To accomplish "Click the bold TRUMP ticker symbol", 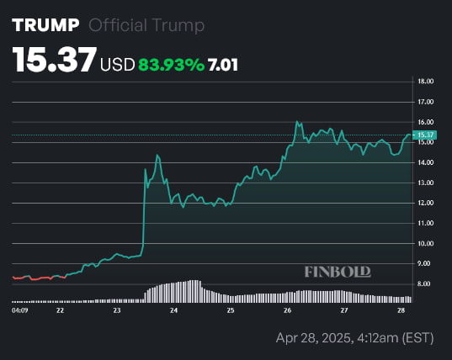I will tap(45, 25).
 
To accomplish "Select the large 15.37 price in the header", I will tap(54, 61).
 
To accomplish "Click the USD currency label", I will tap(117, 64).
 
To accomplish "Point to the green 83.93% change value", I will tap(171, 64).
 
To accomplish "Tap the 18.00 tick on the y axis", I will tap(425, 82).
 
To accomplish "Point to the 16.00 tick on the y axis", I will tap(425, 122).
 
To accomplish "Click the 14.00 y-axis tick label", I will tap(425, 162).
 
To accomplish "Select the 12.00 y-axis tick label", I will tap(425, 203).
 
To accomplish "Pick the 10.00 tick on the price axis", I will tap(425, 243).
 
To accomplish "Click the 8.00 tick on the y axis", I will tap(425, 283).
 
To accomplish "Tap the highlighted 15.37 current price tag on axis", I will tap(425, 135).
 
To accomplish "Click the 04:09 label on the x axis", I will tap(19, 310).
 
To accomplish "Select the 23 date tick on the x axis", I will tap(116, 310).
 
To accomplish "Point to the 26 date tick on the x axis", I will tap(287, 310).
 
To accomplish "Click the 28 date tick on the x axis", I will tap(401, 310).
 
